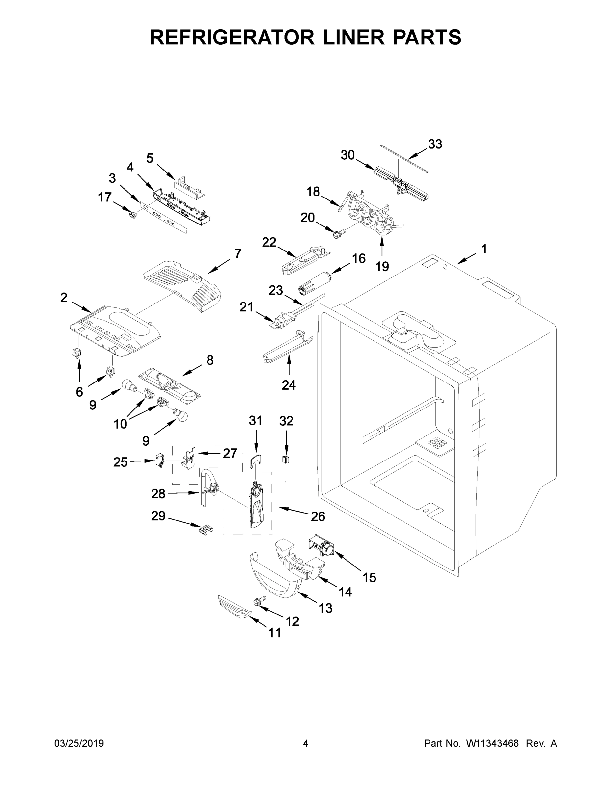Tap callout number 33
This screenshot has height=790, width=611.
tap(435, 144)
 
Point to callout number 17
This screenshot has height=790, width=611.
tap(105, 197)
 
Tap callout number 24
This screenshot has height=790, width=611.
tap(289, 385)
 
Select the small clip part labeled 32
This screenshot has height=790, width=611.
tap(286, 460)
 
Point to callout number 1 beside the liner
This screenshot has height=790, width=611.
tap(484, 249)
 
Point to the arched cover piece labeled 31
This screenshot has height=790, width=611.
tap(256, 461)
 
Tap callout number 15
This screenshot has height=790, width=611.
tap(369, 577)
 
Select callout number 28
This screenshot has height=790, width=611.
tap(158, 494)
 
